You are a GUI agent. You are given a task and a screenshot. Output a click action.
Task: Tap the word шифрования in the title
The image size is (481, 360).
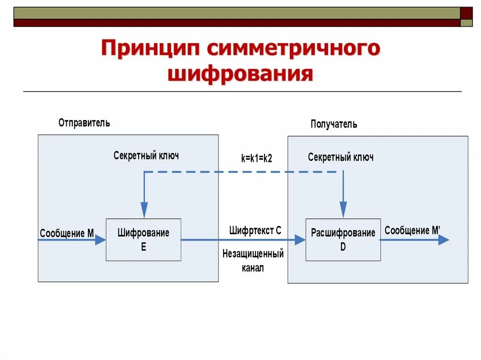(240, 74)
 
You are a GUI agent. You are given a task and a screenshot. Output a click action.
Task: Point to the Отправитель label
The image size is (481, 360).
(84, 123)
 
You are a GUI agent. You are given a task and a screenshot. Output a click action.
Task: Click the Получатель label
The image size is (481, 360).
(334, 124)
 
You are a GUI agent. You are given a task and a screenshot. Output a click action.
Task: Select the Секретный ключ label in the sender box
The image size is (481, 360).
(146, 155)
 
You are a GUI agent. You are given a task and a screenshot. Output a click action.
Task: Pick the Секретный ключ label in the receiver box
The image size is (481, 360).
(341, 157)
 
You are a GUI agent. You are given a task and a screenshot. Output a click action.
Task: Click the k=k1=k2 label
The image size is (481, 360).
(256, 159)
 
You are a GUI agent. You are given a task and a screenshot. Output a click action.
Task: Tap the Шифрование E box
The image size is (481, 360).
(143, 239)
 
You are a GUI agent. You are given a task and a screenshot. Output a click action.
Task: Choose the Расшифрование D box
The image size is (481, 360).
(343, 239)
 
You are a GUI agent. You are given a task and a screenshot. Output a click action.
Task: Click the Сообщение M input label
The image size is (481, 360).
(67, 233)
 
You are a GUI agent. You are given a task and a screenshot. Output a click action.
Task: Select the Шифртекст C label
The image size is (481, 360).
(255, 230)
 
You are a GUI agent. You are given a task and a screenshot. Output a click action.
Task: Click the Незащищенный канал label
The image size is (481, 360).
(253, 261)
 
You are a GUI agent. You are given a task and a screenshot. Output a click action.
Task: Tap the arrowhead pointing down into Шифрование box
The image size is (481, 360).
(144, 210)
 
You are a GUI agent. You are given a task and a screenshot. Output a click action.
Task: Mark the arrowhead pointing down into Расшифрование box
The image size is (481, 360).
(343, 209)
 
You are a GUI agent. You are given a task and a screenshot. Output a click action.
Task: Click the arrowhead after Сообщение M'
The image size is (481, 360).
(443, 240)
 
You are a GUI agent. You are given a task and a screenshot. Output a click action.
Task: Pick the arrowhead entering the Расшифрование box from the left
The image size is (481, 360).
(300, 240)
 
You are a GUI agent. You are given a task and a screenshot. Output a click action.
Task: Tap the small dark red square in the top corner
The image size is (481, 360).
(466, 13)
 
